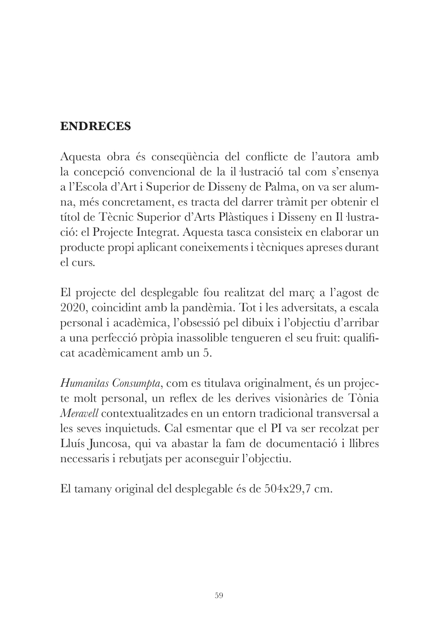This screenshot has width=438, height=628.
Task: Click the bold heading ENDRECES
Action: point(96,126)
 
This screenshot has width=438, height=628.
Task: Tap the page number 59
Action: point(219,595)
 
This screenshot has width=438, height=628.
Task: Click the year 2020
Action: point(72,308)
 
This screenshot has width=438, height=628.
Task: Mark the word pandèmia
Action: point(208,308)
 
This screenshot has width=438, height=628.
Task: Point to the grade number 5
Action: point(207,353)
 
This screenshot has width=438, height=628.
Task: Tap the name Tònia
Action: point(364,399)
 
